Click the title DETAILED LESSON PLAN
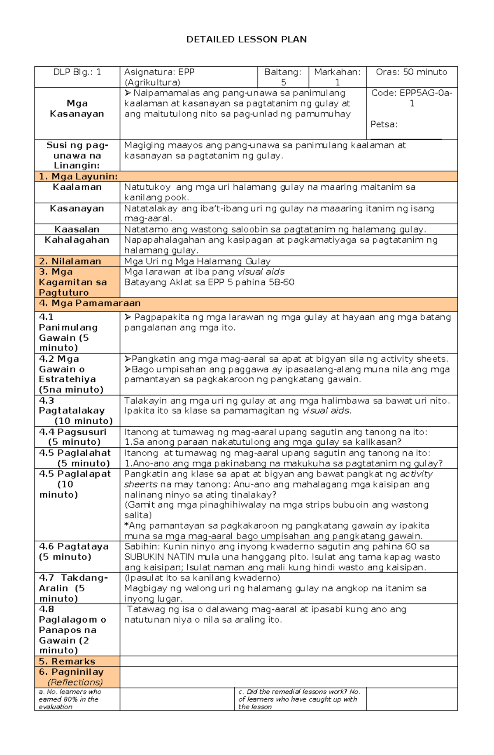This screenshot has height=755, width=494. pyautogui.click(x=246, y=39)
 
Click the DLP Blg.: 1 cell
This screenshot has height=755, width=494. pyautogui.click(x=77, y=72)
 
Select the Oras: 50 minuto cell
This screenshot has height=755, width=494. pyautogui.click(x=411, y=72)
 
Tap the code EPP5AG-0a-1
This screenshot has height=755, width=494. pyautogui.click(x=412, y=98)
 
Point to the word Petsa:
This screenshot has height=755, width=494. pyautogui.click(x=384, y=124)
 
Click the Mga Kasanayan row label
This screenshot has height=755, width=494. pyautogui.click(x=77, y=109)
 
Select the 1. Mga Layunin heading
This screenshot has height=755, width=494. pyautogui.click(x=78, y=177)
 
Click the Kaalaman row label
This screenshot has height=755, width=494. pyautogui.click(x=77, y=187)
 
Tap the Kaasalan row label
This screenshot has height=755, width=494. pyautogui.click(x=77, y=229)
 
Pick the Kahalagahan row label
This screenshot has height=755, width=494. pyautogui.click(x=77, y=240)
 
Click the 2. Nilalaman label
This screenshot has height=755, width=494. pyautogui.click(x=70, y=261)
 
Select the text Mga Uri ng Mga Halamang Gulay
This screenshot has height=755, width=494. pyautogui.click(x=197, y=261)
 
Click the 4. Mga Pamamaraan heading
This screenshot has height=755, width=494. pyautogui.click(x=90, y=303)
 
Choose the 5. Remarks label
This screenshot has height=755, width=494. pyautogui.click(x=67, y=661)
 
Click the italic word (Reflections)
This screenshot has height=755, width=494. pyautogui.click(x=75, y=682)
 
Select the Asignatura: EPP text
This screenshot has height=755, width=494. pyautogui.click(x=159, y=72)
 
